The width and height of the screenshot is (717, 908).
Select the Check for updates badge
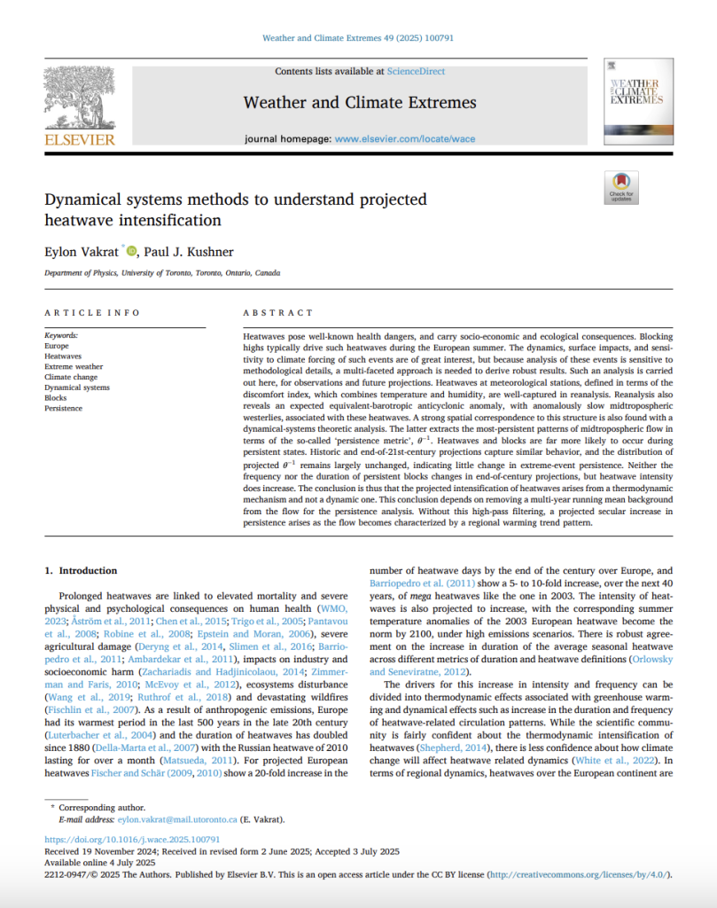[620, 187]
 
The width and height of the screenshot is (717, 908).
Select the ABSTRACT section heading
[278, 313]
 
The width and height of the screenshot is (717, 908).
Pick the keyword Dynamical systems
[77, 387]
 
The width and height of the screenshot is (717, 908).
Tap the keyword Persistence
[63, 409]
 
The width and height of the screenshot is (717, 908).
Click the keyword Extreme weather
[74, 366]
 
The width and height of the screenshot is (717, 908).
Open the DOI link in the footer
[132, 839]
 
